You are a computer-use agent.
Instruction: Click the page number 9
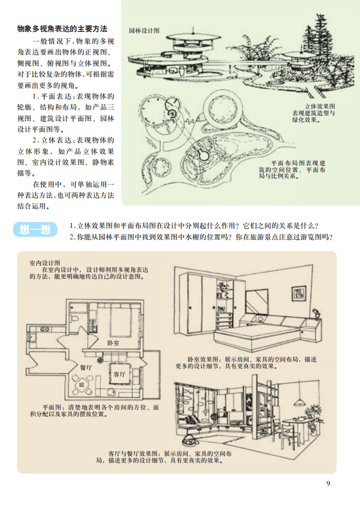tap(328, 483)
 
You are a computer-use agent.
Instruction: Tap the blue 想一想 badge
tap(35, 229)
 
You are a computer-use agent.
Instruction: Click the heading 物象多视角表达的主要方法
tap(62, 29)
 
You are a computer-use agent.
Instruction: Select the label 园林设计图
tap(144, 30)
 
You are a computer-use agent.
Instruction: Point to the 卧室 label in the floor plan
tap(113, 343)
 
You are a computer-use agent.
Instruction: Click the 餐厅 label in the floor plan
tap(86, 367)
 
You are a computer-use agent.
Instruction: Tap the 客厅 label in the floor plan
tap(119, 374)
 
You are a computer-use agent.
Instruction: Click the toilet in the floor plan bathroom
tap(74, 318)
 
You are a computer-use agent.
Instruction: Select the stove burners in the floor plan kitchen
tap(44, 329)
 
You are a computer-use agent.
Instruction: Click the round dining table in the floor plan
tap(81, 385)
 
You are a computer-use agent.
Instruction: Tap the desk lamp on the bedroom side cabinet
tap(316, 313)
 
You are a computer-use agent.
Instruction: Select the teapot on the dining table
tap(300, 418)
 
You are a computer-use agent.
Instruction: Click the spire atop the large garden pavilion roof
tap(193, 31)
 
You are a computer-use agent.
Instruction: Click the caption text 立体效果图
tap(320, 106)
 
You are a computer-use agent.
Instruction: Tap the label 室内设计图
tap(44, 263)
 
